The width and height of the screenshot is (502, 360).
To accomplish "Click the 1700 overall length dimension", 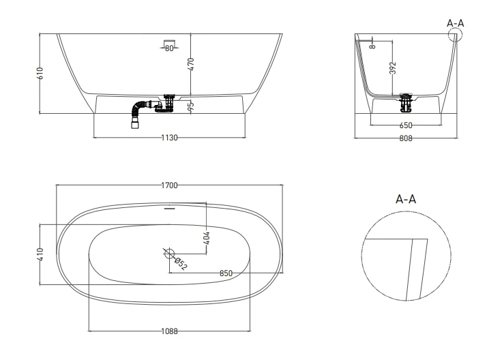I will (169, 185).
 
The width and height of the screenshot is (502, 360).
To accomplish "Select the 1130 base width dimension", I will (169, 138).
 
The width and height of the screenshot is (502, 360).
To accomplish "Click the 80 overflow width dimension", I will (169, 48).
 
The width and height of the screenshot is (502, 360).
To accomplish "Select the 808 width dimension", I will (405, 138).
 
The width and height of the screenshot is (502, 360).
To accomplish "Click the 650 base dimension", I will (407, 125).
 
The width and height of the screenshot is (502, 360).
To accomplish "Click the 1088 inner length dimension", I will (169, 331).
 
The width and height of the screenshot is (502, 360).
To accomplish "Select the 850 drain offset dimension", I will (226, 273).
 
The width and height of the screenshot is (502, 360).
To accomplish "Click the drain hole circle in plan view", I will (168, 253).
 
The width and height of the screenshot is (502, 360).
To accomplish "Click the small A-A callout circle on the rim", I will (455, 35).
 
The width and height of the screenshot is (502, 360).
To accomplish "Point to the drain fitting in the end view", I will (407, 102).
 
